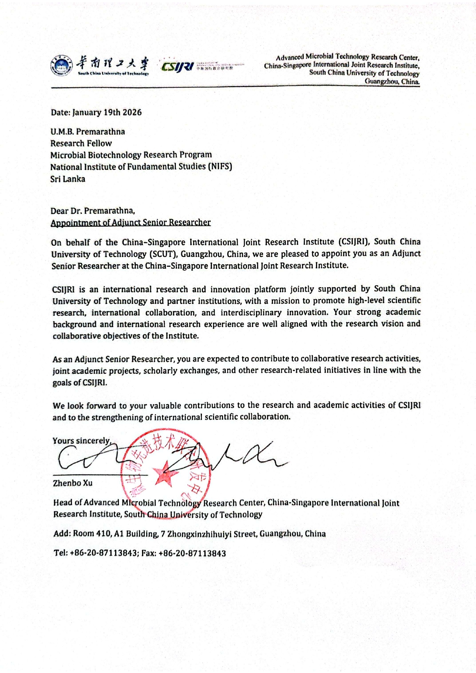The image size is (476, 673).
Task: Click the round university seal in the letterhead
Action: tap(61, 66)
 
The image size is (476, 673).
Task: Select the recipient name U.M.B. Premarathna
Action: tap(88, 132)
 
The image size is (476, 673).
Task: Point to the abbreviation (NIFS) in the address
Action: tap(220, 166)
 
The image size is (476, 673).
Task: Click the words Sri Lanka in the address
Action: tap(68, 179)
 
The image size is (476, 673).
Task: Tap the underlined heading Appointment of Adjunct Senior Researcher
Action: tap(131, 222)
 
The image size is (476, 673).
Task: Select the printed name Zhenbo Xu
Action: tap(73, 483)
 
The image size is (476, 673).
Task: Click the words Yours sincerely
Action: tap(81, 441)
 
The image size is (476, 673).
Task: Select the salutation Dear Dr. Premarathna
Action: tap(93, 211)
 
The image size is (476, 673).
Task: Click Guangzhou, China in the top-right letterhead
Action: tap(392, 81)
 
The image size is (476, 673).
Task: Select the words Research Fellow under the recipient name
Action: tap(81, 143)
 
